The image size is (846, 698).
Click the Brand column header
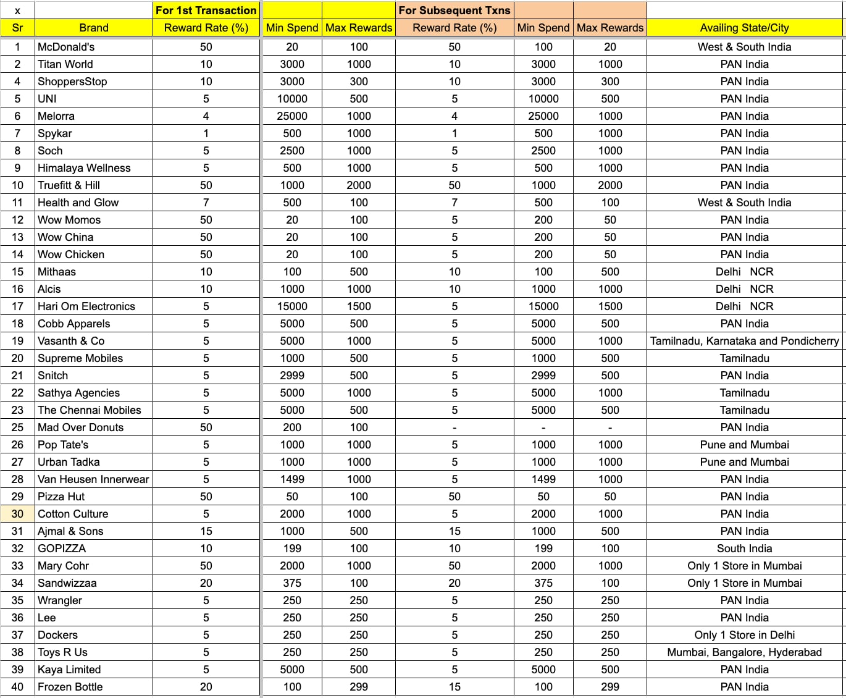pos(94,28)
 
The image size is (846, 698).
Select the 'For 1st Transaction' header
pos(206,11)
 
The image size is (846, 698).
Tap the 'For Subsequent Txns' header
pos(454,11)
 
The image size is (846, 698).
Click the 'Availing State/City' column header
pos(744,28)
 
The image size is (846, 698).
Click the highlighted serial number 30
pos(17,514)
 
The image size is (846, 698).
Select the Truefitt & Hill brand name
pos(69,185)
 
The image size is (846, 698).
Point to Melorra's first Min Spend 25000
pos(292,116)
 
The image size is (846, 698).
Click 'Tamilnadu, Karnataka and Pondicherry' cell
pos(744,341)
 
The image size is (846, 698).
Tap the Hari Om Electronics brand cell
pos(86,306)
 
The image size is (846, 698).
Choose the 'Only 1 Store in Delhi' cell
pos(744,635)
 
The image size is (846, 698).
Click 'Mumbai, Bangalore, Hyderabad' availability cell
pos(744,652)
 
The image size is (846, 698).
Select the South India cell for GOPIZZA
pos(744,549)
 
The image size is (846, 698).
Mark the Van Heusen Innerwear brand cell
pos(93,479)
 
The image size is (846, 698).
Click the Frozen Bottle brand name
pos(70,687)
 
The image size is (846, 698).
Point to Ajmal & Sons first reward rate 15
pos(206,531)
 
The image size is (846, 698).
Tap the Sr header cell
pos(17,28)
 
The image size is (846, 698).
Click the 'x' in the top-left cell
pos(17,11)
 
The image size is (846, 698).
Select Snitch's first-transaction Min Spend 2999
pos(292,376)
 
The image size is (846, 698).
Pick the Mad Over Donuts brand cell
pos(80,427)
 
